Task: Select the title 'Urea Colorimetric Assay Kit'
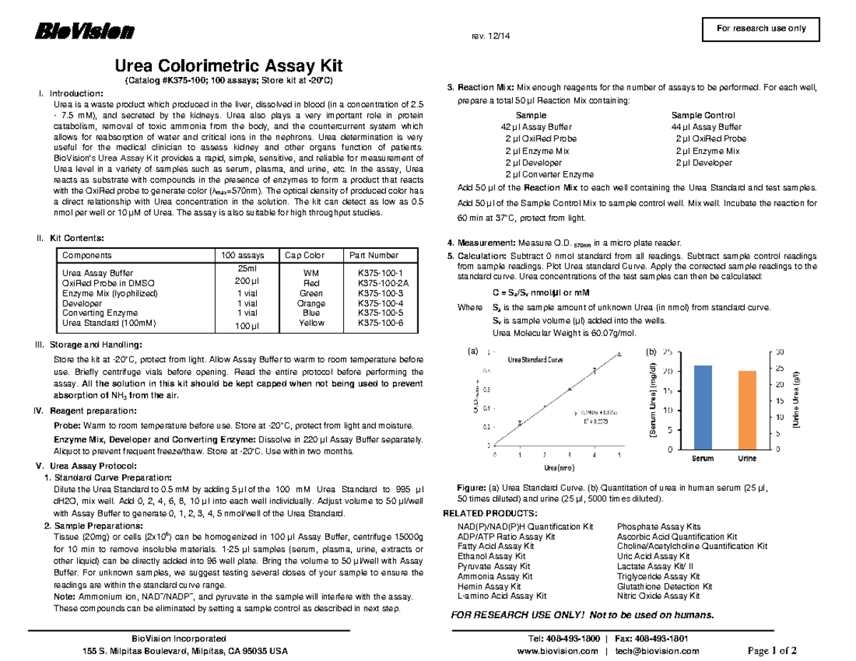(x=229, y=66)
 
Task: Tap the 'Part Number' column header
(x=373, y=255)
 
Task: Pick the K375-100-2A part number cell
(x=379, y=283)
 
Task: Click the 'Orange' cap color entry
(x=311, y=303)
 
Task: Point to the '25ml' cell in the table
(x=241, y=268)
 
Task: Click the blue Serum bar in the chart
(x=703, y=407)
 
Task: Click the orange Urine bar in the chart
(x=747, y=410)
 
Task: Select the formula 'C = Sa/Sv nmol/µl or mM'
(x=541, y=293)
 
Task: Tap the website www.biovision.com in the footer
(x=557, y=651)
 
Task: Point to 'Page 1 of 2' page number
(x=772, y=650)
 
